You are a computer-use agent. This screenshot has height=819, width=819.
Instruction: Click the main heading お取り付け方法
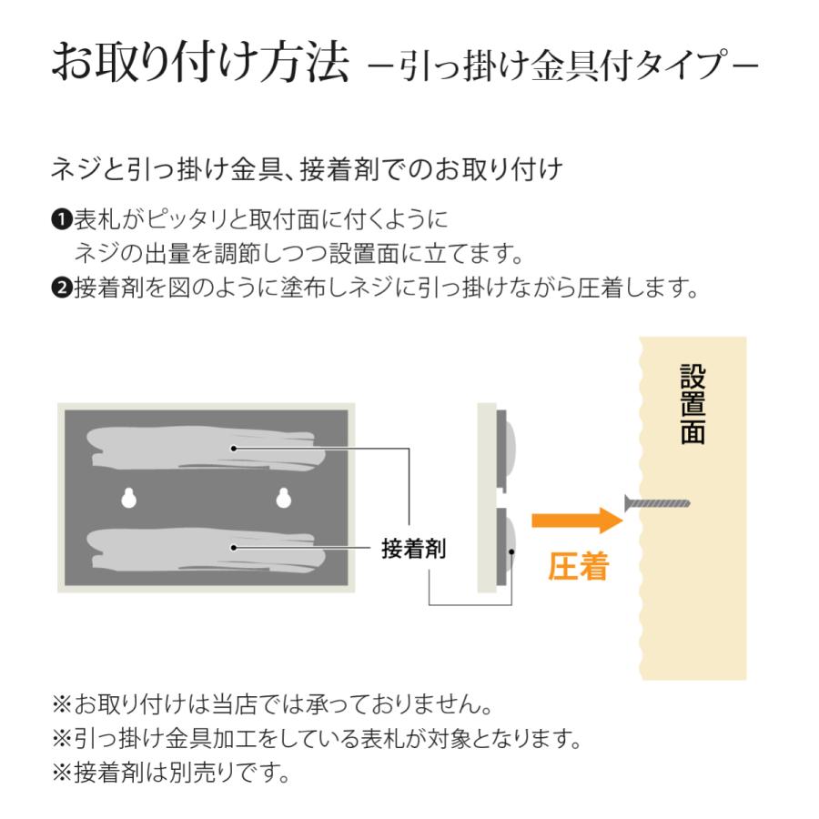[x=200, y=64]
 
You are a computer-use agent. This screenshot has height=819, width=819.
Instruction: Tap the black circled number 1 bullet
[x=62, y=220]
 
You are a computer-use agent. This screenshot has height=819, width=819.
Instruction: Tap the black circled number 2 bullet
[x=62, y=288]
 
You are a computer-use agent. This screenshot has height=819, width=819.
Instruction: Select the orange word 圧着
[x=578, y=567]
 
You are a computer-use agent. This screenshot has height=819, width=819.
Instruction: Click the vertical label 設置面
[x=692, y=405]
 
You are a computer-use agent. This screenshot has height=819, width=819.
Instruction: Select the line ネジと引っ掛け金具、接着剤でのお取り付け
[x=308, y=170]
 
